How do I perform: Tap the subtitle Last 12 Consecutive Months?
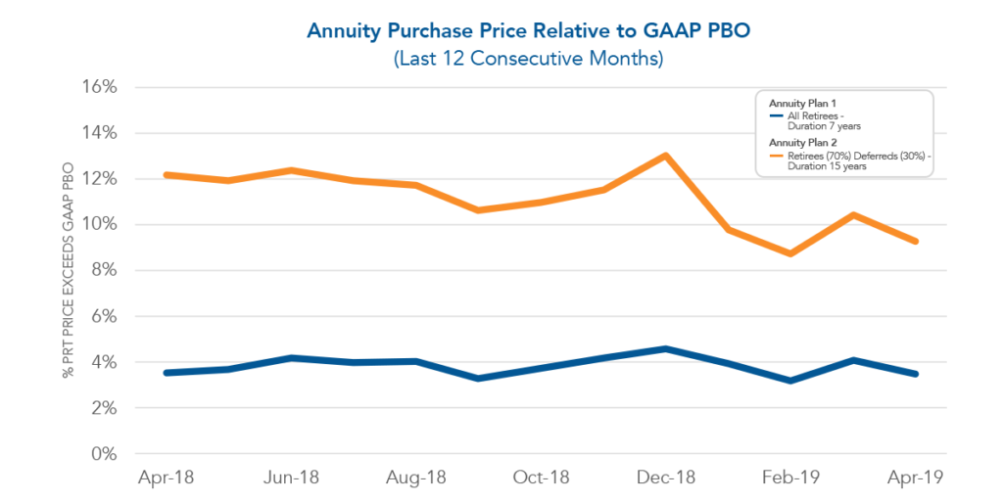[528, 59]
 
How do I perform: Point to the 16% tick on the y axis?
[98, 87]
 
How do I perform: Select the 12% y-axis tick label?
[98, 179]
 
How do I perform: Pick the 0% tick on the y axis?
[103, 454]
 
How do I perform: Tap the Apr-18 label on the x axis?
[167, 478]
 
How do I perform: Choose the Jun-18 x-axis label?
[291, 478]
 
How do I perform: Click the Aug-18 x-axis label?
[416, 478]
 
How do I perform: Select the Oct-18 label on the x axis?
[542, 478]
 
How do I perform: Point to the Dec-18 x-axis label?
[667, 478]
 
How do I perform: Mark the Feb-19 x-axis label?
[791, 478]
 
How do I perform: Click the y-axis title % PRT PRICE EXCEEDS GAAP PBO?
[69, 270]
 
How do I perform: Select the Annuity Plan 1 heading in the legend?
[801, 103]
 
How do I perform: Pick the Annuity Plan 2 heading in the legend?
[801, 143]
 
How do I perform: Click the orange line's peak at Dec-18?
[666, 156]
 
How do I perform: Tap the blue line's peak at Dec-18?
[666, 348]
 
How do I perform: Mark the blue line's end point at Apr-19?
[916, 374]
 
